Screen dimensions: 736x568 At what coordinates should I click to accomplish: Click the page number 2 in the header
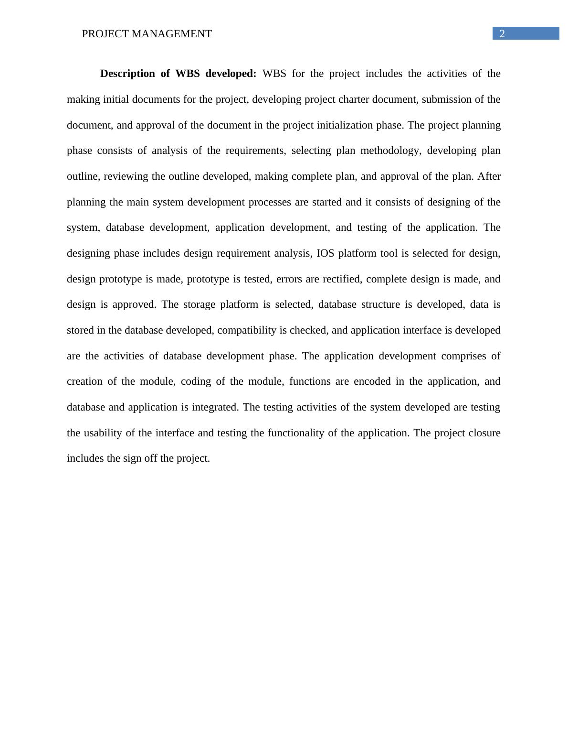[x=502, y=33]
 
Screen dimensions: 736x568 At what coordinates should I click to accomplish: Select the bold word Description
[x=127, y=74]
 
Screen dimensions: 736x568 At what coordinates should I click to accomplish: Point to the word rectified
[x=341, y=279]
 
